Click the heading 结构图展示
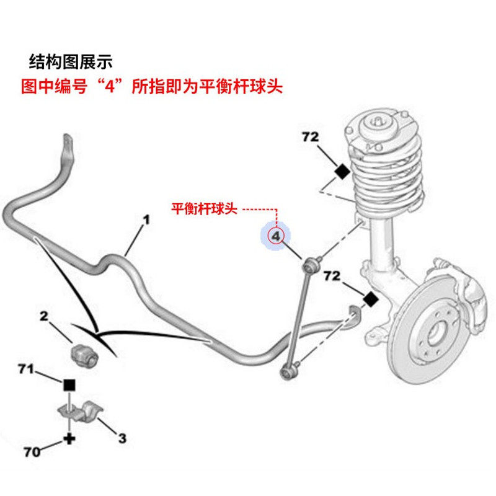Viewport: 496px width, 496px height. point(72,61)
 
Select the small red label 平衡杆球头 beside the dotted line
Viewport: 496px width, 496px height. point(205,209)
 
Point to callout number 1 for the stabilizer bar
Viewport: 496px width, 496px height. point(147,219)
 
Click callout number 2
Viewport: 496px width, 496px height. point(44,316)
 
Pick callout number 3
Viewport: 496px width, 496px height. point(122,438)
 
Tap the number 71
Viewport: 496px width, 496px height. point(25,370)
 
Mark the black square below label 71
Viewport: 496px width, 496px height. point(69,384)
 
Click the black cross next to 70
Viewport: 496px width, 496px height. point(68,439)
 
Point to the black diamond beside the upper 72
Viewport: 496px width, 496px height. point(341,171)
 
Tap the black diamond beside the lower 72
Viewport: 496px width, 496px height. point(370,299)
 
